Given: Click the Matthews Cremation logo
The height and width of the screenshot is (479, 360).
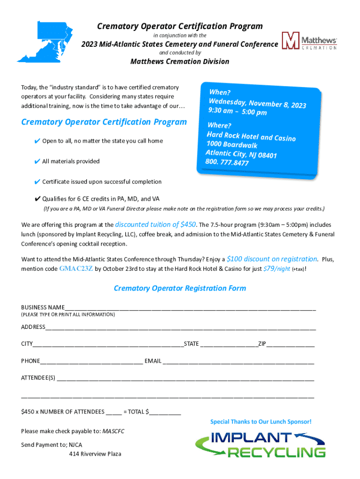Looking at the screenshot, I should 309,41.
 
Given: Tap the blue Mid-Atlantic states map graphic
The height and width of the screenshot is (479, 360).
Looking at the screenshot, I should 44,42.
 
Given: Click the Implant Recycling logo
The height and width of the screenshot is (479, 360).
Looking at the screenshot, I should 260,445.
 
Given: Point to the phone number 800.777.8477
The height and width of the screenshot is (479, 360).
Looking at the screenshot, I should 227,162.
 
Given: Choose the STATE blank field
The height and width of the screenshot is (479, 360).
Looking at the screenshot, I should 229,345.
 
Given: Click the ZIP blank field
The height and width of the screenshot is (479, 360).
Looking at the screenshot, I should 290,345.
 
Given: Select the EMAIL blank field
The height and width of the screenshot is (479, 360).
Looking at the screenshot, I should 238,362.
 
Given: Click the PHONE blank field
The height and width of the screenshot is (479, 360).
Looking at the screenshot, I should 91,362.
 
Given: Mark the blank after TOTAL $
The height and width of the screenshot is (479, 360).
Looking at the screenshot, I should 165,412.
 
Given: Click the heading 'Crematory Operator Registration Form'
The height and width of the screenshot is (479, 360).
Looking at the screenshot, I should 180,288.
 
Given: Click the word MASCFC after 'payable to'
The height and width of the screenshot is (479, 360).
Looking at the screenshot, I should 114,431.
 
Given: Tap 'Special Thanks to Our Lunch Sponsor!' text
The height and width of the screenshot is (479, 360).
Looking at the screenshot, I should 260,421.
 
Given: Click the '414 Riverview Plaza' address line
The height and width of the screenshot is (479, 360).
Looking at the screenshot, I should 95,454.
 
